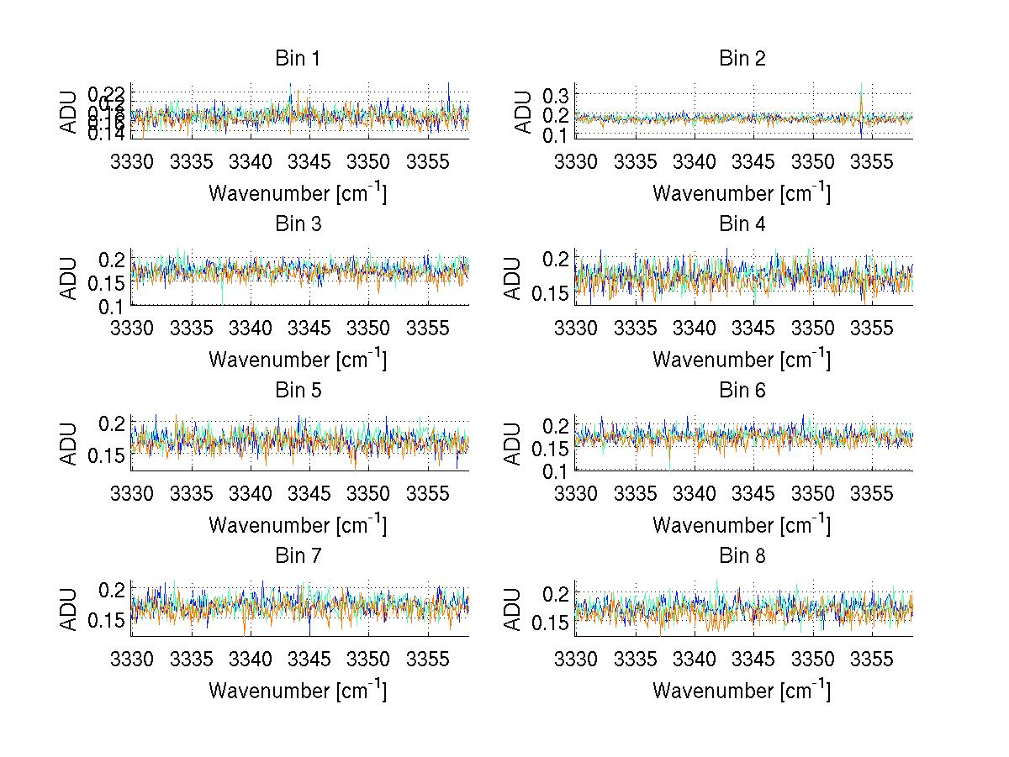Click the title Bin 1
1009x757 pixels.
[297, 59]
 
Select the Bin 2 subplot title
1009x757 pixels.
[741, 59]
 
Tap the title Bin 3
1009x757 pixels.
[297, 224]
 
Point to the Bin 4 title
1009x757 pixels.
[741, 224]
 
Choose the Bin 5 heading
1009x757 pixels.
[297, 390]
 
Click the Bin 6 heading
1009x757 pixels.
[741, 390]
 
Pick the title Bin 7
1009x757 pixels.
[297, 555]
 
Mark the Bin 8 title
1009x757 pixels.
[741, 555]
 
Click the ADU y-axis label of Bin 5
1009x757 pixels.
[69, 444]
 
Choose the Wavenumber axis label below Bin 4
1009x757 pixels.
[741, 360]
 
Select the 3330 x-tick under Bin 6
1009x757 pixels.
[576, 493]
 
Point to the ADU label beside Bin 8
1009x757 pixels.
[513, 609]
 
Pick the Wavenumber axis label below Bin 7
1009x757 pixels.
[297, 691]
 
